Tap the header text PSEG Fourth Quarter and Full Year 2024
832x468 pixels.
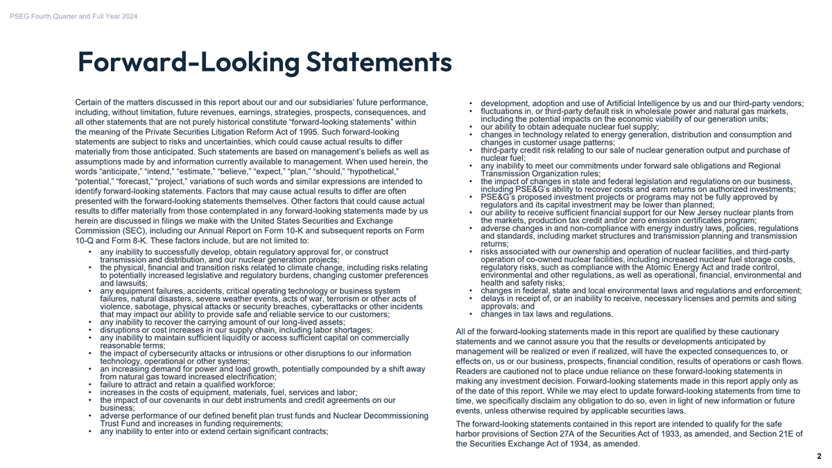click(73, 8)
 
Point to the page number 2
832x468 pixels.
click(819, 456)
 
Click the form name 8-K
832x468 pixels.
click(133, 241)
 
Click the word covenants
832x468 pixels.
click(182, 400)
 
